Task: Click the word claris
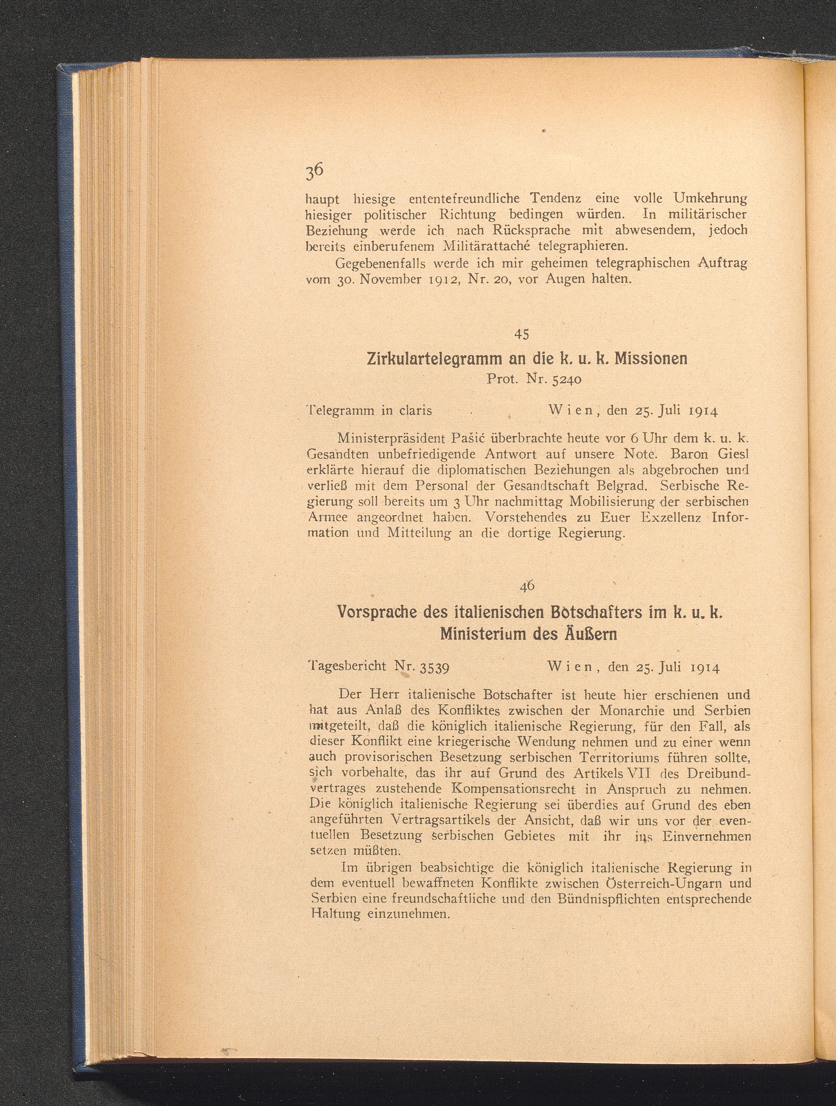coord(416,411)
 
